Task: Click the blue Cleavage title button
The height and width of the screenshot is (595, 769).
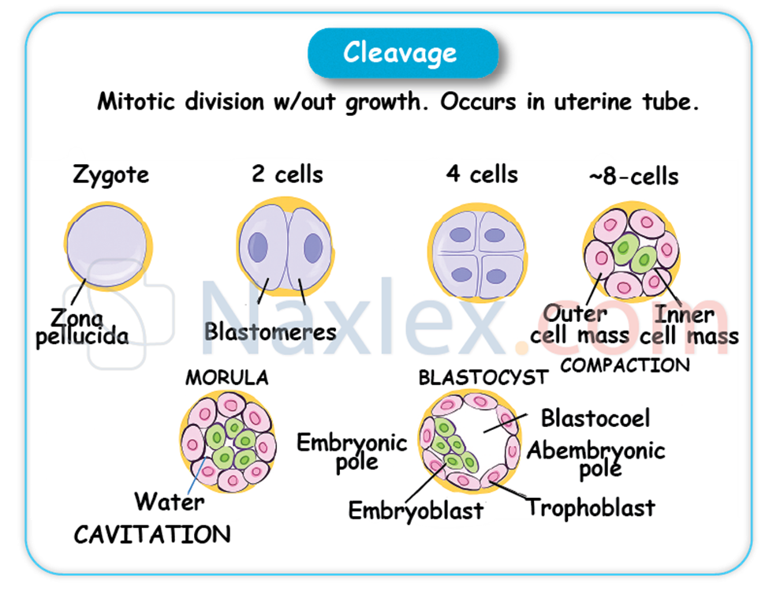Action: coord(401,53)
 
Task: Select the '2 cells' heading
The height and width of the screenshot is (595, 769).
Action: coord(287,174)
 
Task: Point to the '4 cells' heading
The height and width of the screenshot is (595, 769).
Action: coord(482,174)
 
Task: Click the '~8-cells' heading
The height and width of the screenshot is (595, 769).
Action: coord(633,176)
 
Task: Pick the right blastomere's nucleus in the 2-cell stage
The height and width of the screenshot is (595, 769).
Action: coord(313,248)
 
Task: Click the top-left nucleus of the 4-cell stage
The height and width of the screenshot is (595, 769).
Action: coord(459,234)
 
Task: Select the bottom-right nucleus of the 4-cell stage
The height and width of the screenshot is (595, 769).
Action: coord(495,276)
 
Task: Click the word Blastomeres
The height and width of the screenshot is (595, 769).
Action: coord(270,331)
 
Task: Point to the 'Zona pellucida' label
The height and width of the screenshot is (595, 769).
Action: coord(89,327)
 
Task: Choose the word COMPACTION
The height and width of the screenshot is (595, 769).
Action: coord(625,365)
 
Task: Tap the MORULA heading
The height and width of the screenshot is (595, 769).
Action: coord(226,378)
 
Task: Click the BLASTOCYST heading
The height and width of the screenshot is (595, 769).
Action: coord(483,377)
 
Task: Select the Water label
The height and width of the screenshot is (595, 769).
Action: coord(169,501)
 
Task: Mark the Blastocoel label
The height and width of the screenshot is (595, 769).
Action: coord(595,417)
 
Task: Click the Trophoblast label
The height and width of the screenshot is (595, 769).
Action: coord(590,507)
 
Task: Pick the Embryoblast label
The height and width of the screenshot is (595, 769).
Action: coord(416,511)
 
